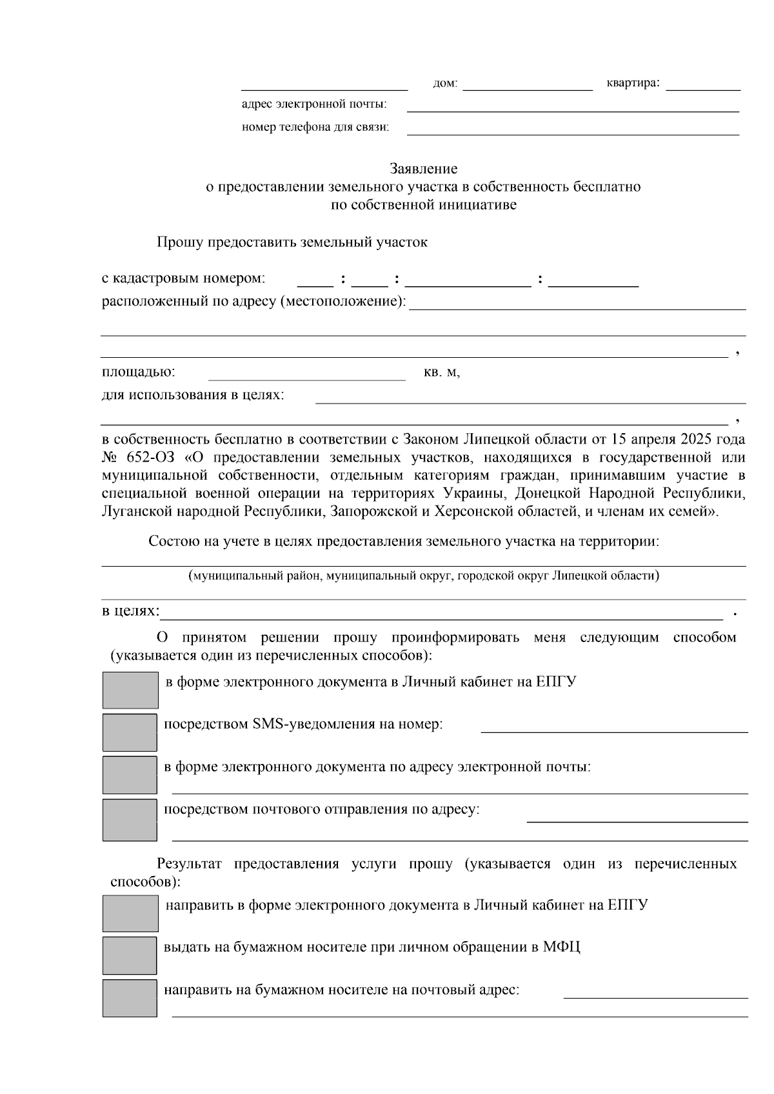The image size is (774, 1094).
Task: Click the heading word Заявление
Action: tap(424, 169)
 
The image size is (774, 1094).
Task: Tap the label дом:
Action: tap(445, 84)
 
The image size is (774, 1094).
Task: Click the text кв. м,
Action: tap(442, 373)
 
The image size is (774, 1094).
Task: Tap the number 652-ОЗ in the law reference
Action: tap(148, 458)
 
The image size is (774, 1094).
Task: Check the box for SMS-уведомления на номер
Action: tap(130, 732)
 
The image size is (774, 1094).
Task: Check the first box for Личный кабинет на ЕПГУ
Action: tap(130, 690)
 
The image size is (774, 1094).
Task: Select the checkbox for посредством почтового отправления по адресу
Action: tap(130, 820)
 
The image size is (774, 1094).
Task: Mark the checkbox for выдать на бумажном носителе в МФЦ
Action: tap(130, 955)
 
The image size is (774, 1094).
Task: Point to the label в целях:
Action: tap(130, 610)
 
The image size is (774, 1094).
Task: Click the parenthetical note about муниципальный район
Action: tap(424, 576)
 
